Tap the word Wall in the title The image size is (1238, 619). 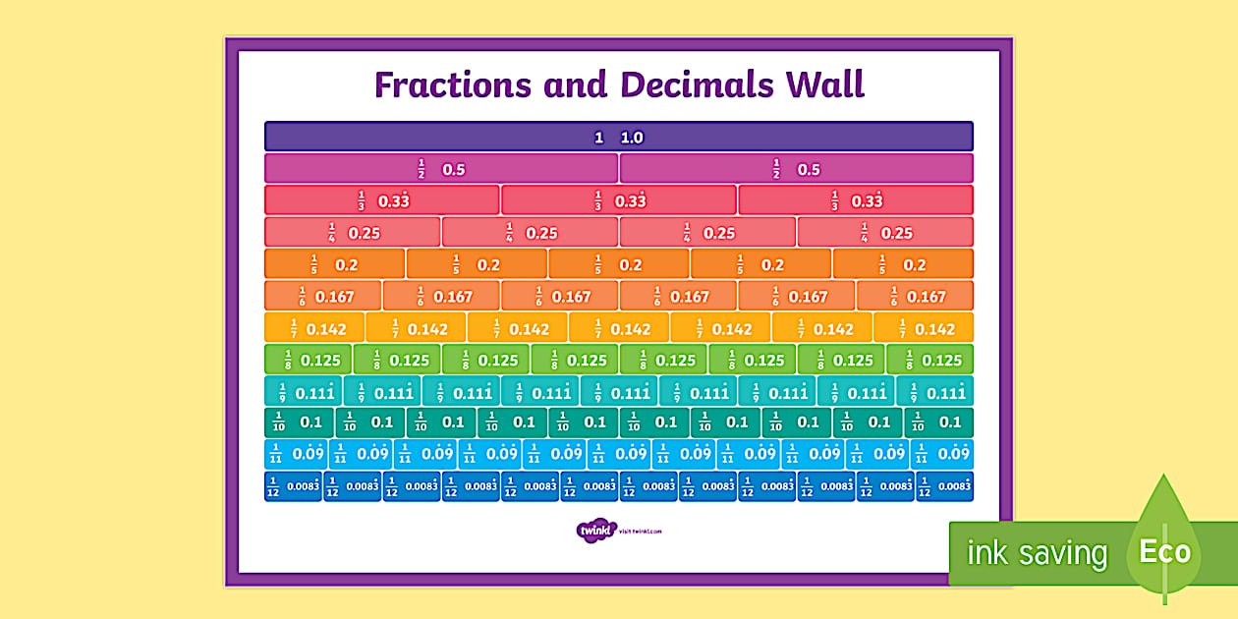823,84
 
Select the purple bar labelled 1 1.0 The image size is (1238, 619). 618,137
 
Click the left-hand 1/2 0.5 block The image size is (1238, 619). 441,168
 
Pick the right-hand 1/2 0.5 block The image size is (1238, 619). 796,168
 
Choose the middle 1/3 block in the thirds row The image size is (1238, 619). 618,200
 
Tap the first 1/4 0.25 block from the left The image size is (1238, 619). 353,232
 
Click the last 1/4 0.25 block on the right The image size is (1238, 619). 885,232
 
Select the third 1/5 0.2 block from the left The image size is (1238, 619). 618,264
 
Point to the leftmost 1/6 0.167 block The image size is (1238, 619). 323,296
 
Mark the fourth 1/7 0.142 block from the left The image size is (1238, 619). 619,328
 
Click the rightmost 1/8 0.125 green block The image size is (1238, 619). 929,360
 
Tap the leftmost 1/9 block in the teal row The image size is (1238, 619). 304,392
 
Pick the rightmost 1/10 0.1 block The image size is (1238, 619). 938,422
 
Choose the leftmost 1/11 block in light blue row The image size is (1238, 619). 296,454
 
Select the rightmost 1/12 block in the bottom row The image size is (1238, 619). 944,485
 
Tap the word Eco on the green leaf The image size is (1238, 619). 1164,551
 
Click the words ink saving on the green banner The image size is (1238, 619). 1037,553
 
